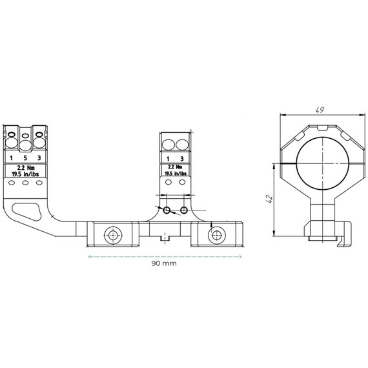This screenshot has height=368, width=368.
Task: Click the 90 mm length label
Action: coord(164,263)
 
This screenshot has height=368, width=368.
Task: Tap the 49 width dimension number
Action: coord(320,110)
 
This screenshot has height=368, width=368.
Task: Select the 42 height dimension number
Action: coord(269,199)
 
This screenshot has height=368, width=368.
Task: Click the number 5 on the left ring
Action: coord(25,158)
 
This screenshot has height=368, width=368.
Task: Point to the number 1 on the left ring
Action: coord(11,158)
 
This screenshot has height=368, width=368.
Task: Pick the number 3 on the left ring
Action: coord(39,158)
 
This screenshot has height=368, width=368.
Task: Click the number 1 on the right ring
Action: coord(168,159)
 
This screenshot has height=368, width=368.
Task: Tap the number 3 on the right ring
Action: coord(182,159)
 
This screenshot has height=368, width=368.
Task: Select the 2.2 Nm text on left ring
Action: coord(26,168)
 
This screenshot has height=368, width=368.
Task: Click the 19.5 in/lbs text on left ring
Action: coord(25,174)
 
